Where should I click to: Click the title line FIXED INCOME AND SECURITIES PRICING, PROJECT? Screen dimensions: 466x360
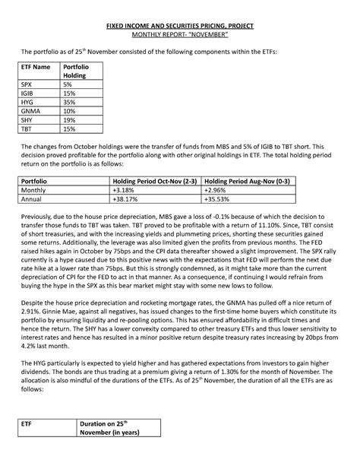pyautogui.click(x=180, y=26)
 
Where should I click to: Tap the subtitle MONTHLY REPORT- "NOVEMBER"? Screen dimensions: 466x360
pyautogui.click(x=180, y=35)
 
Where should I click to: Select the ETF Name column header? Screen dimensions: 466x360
pyautogui.click(x=36, y=68)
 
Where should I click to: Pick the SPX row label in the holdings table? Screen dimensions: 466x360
pyautogui.click(x=27, y=86)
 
